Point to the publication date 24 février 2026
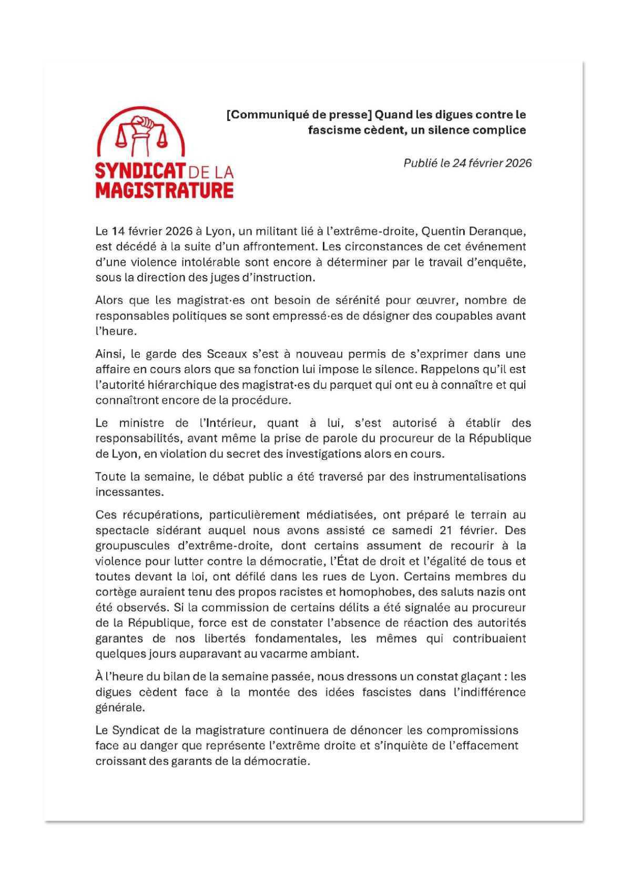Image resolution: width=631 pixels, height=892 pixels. pyautogui.click(x=492, y=163)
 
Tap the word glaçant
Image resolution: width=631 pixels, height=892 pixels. pyautogui.click(x=476, y=676)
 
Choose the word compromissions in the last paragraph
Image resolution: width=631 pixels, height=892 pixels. pyautogui.click(x=472, y=731)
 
